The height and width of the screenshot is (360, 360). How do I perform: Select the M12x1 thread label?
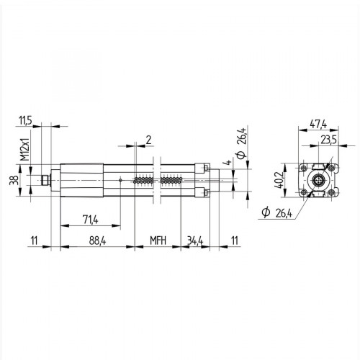coord(23,148)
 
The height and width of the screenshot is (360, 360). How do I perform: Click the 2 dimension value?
coord(148,139)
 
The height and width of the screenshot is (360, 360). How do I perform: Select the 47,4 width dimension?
coord(318,123)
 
